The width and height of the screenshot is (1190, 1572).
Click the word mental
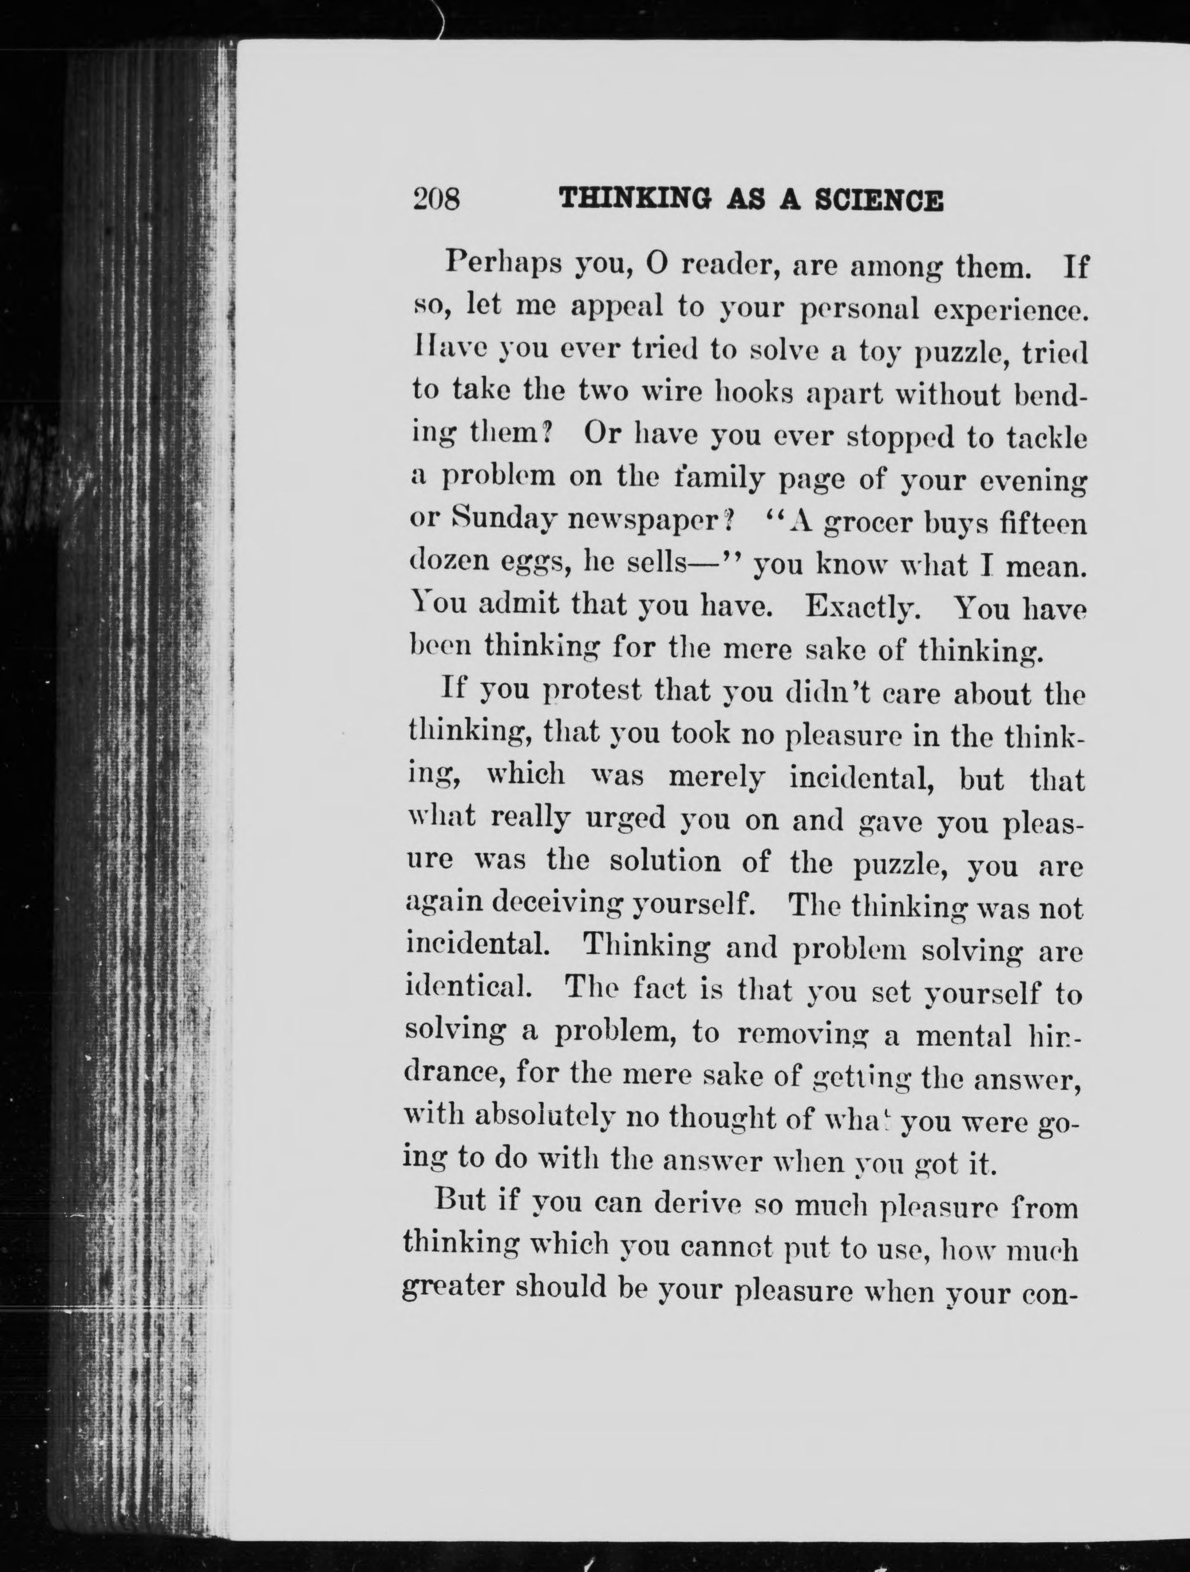[x=964, y=1035]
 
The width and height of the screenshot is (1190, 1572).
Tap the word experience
[x=1010, y=310]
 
